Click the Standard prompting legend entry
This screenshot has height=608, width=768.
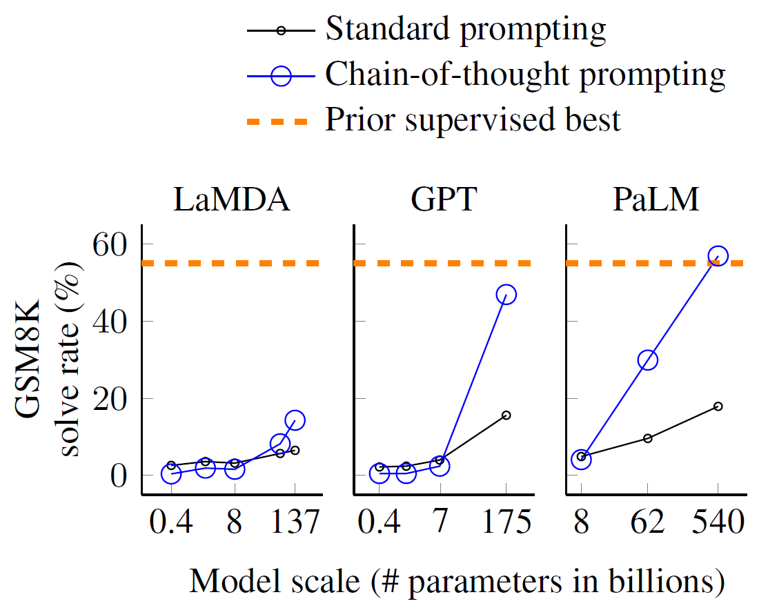click(466, 30)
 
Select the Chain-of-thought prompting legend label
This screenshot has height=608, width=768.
click(525, 75)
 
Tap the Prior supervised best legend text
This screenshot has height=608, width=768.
click(473, 120)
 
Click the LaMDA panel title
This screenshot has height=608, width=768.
click(232, 201)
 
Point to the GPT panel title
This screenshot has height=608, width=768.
click(443, 201)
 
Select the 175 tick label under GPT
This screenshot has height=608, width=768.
click(506, 522)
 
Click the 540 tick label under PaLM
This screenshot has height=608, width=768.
click(718, 522)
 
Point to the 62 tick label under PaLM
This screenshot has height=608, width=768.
click(647, 522)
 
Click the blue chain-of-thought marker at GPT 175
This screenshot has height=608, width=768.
click(506, 295)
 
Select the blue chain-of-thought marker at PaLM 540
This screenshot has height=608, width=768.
click(718, 256)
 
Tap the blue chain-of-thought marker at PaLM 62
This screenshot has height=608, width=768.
click(647, 360)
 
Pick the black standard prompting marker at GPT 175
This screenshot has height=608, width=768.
click(506, 415)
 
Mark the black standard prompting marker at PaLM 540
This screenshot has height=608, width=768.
click(718, 406)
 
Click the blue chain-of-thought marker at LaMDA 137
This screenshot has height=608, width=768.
click(295, 420)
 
